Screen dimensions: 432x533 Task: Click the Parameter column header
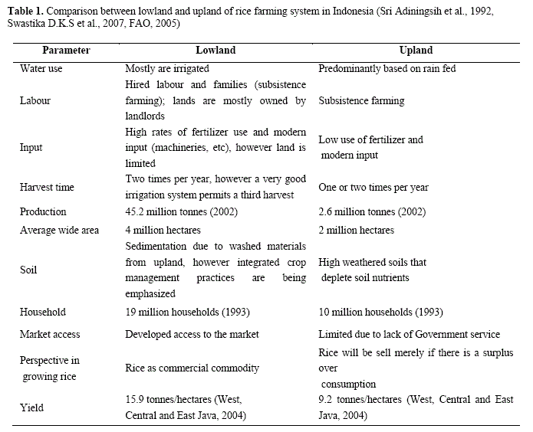66,50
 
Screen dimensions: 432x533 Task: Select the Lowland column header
216,50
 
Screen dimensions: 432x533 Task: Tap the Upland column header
416,50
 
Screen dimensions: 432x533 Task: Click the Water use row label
41,68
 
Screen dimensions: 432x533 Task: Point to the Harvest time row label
48,188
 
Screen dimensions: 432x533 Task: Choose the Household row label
43,312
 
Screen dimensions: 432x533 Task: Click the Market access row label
50,334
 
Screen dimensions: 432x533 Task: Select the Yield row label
32,408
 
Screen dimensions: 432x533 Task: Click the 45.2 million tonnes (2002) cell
179,211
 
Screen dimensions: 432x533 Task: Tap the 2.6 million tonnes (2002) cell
372,211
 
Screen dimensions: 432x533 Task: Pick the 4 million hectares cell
163,231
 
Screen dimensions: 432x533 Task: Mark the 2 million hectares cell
356,231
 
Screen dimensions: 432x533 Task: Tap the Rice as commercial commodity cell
192,368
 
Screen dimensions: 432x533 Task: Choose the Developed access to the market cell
192,334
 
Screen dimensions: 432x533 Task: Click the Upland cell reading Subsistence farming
361,100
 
